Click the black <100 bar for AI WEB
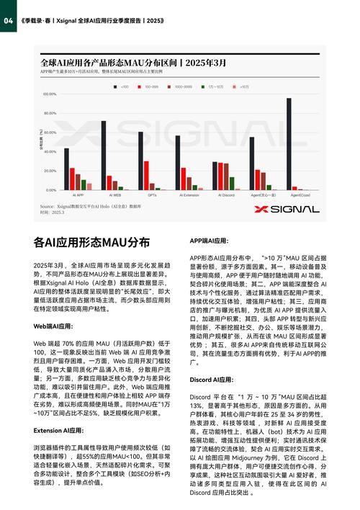(104, 155)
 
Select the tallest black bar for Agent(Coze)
(289, 144)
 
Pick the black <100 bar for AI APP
(66, 169)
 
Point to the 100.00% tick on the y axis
(49, 94)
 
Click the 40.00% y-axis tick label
(49, 152)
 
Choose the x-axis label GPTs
(152, 195)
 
